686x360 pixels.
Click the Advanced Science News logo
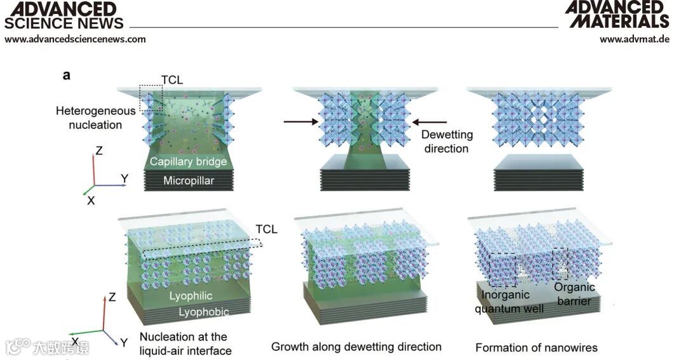[64, 15]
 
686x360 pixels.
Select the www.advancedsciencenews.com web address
[75, 39]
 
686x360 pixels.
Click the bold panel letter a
[66, 76]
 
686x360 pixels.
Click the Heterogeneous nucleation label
[95, 117]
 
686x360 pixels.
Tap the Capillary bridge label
[188, 162]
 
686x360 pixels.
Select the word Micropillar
[189, 180]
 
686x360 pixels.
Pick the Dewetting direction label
[445, 142]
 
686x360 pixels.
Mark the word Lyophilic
[191, 297]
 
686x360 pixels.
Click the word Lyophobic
[203, 312]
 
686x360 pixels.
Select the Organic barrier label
[574, 294]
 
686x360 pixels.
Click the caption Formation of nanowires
[536, 347]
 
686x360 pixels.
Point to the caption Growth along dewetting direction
[356, 347]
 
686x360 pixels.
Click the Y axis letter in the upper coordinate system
[124, 178]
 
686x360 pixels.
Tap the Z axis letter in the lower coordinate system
[112, 297]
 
